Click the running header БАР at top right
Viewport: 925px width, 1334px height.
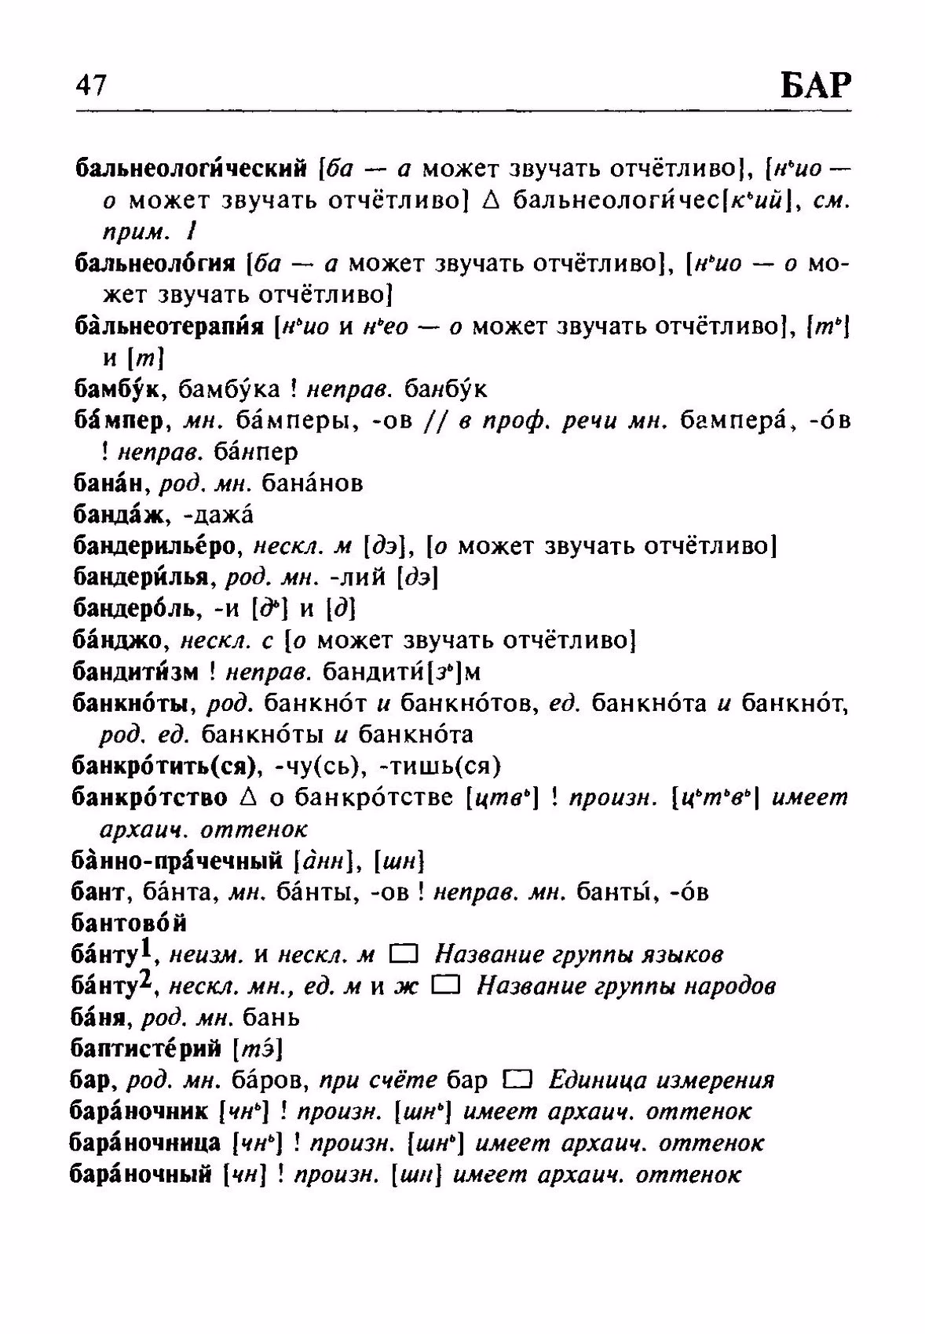pos(815,85)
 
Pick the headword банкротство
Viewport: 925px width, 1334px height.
pos(149,798)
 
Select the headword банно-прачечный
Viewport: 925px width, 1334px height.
pos(176,861)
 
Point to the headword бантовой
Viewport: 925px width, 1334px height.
pos(129,924)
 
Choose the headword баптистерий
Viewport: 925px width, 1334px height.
pos(146,1049)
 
